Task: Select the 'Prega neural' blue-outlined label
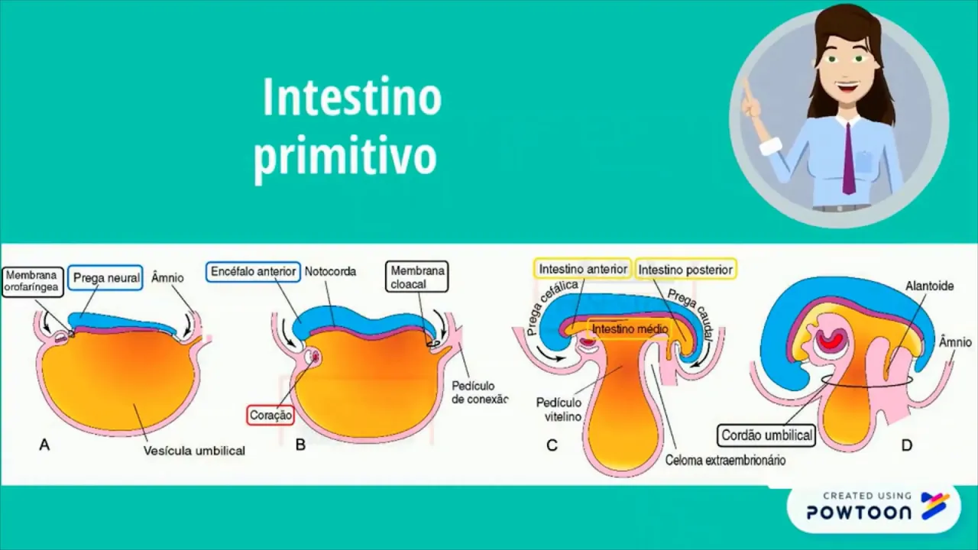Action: [x=105, y=278]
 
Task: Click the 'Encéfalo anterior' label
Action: [x=254, y=271]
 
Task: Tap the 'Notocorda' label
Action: [x=330, y=271]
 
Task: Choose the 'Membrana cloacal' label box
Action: [x=417, y=277]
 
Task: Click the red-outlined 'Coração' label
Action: [x=270, y=416]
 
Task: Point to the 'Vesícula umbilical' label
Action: [x=194, y=451]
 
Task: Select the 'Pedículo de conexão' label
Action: [x=479, y=392]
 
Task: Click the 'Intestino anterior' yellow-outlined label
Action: [x=583, y=269]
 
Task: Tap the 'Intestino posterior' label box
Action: [x=685, y=270]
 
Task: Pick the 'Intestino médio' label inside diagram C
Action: [x=630, y=329]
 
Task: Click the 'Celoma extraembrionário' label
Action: [x=725, y=460]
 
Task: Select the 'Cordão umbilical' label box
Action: [x=767, y=435]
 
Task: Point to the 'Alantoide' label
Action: [x=929, y=286]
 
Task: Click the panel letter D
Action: [x=907, y=445]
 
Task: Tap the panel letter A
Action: [x=44, y=445]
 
